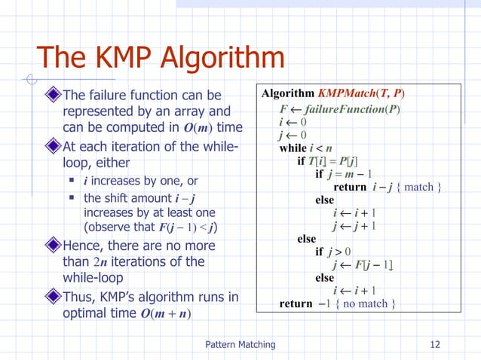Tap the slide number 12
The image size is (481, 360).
pyautogui.click(x=434, y=344)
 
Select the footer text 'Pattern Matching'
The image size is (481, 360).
pyautogui.click(x=240, y=344)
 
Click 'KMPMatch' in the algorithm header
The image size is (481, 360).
pyautogui.click(x=345, y=93)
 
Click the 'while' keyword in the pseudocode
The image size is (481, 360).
pyautogui.click(x=293, y=148)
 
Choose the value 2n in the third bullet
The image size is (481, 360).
pyautogui.click(x=105, y=262)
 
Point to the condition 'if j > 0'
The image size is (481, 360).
pyautogui.click(x=334, y=252)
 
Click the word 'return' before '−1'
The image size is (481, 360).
pyautogui.click(x=296, y=304)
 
